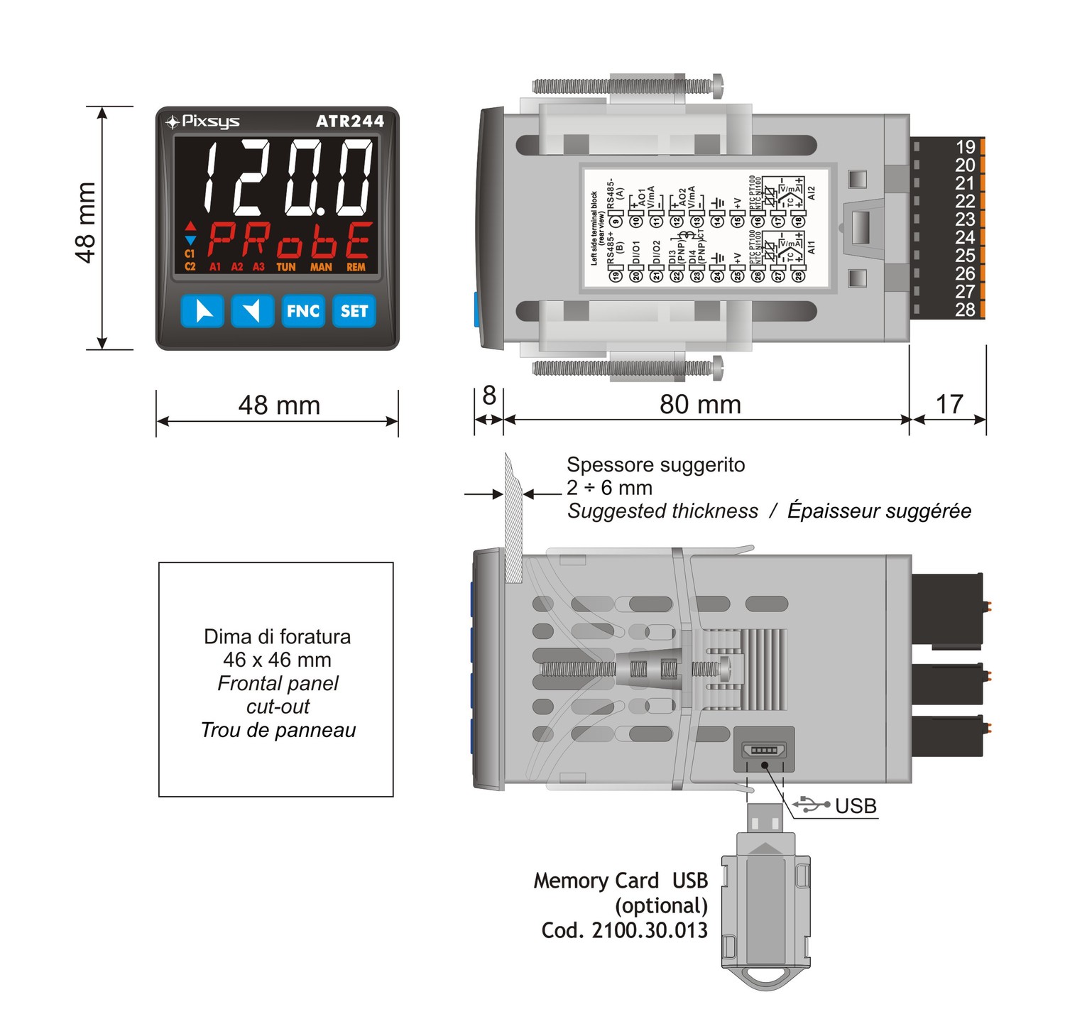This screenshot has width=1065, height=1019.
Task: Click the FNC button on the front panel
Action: tap(303, 311)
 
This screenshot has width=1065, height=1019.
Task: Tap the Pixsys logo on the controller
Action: tap(203, 121)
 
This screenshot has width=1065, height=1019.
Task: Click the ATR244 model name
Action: tap(349, 121)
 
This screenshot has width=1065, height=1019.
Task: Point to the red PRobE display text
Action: tap(290, 241)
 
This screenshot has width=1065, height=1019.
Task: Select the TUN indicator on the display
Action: tap(286, 267)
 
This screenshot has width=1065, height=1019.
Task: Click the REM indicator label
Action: tap(356, 267)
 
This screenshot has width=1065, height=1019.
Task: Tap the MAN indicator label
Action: tap(321, 267)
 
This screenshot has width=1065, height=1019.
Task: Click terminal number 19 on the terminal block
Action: tap(965, 147)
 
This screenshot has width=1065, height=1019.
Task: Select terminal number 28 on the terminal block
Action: tap(965, 310)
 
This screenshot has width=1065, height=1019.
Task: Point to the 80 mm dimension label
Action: tap(700, 404)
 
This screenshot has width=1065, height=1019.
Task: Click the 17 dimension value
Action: tap(949, 404)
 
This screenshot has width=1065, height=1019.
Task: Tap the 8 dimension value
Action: tap(488, 396)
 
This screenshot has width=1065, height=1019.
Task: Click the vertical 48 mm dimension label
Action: tap(85, 222)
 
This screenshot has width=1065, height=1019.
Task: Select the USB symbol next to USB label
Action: tap(812, 805)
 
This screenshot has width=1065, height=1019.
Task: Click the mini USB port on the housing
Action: tap(764, 750)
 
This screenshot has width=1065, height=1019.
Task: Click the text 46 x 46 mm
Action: tap(277, 660)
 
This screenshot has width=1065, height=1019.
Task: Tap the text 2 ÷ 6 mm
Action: tap(609, 488)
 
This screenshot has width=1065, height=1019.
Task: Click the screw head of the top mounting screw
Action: tap(718, 85)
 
